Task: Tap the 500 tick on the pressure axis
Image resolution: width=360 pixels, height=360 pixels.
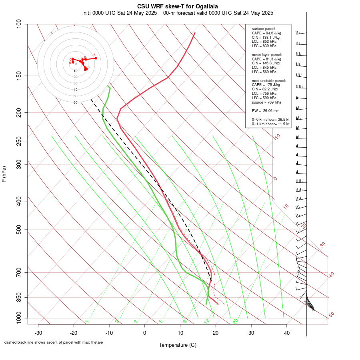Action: pyautogui.click(x=19, y=230)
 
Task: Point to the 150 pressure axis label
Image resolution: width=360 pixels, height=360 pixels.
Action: pyautogui.click(x=19, y=76)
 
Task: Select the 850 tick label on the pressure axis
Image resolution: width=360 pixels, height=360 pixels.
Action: pyautogui.click(x=19, y=297)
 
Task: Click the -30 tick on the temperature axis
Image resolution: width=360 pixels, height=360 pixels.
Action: pyautogui.click(x=38, y=333)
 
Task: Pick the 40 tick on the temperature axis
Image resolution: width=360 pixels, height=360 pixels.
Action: pyautogui.click(x=286, y=333)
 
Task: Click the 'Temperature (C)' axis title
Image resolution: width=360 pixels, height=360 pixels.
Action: pyautogui.click(x=178, y=345)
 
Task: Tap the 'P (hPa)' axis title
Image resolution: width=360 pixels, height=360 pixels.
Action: pyautogui.click(x=4, y=174)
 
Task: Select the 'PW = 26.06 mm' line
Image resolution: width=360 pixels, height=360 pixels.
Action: pyautogui.click(x=266, y=110)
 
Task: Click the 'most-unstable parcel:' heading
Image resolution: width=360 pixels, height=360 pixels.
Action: pyautogui.click(x=269, y=80)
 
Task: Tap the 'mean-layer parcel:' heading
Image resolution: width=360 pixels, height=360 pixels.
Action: pyautogui.click(x=267, y=54)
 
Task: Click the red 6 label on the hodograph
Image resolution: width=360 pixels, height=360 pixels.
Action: pyautogui.click(x=94, y=55)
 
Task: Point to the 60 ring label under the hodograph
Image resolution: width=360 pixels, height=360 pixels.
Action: pyautogui.click(x=75, y=102)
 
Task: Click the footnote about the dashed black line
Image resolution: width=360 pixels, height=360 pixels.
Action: pyautogui.click(x=54, y=342)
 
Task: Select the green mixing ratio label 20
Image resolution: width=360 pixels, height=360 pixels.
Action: pyautogui.click(x=236, y=321)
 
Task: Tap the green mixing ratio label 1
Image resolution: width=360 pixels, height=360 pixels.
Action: pyautogui.click(x=87, y=322)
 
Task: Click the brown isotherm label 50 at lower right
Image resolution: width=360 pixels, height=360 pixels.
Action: pyautogui.click(x=331, y=314)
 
